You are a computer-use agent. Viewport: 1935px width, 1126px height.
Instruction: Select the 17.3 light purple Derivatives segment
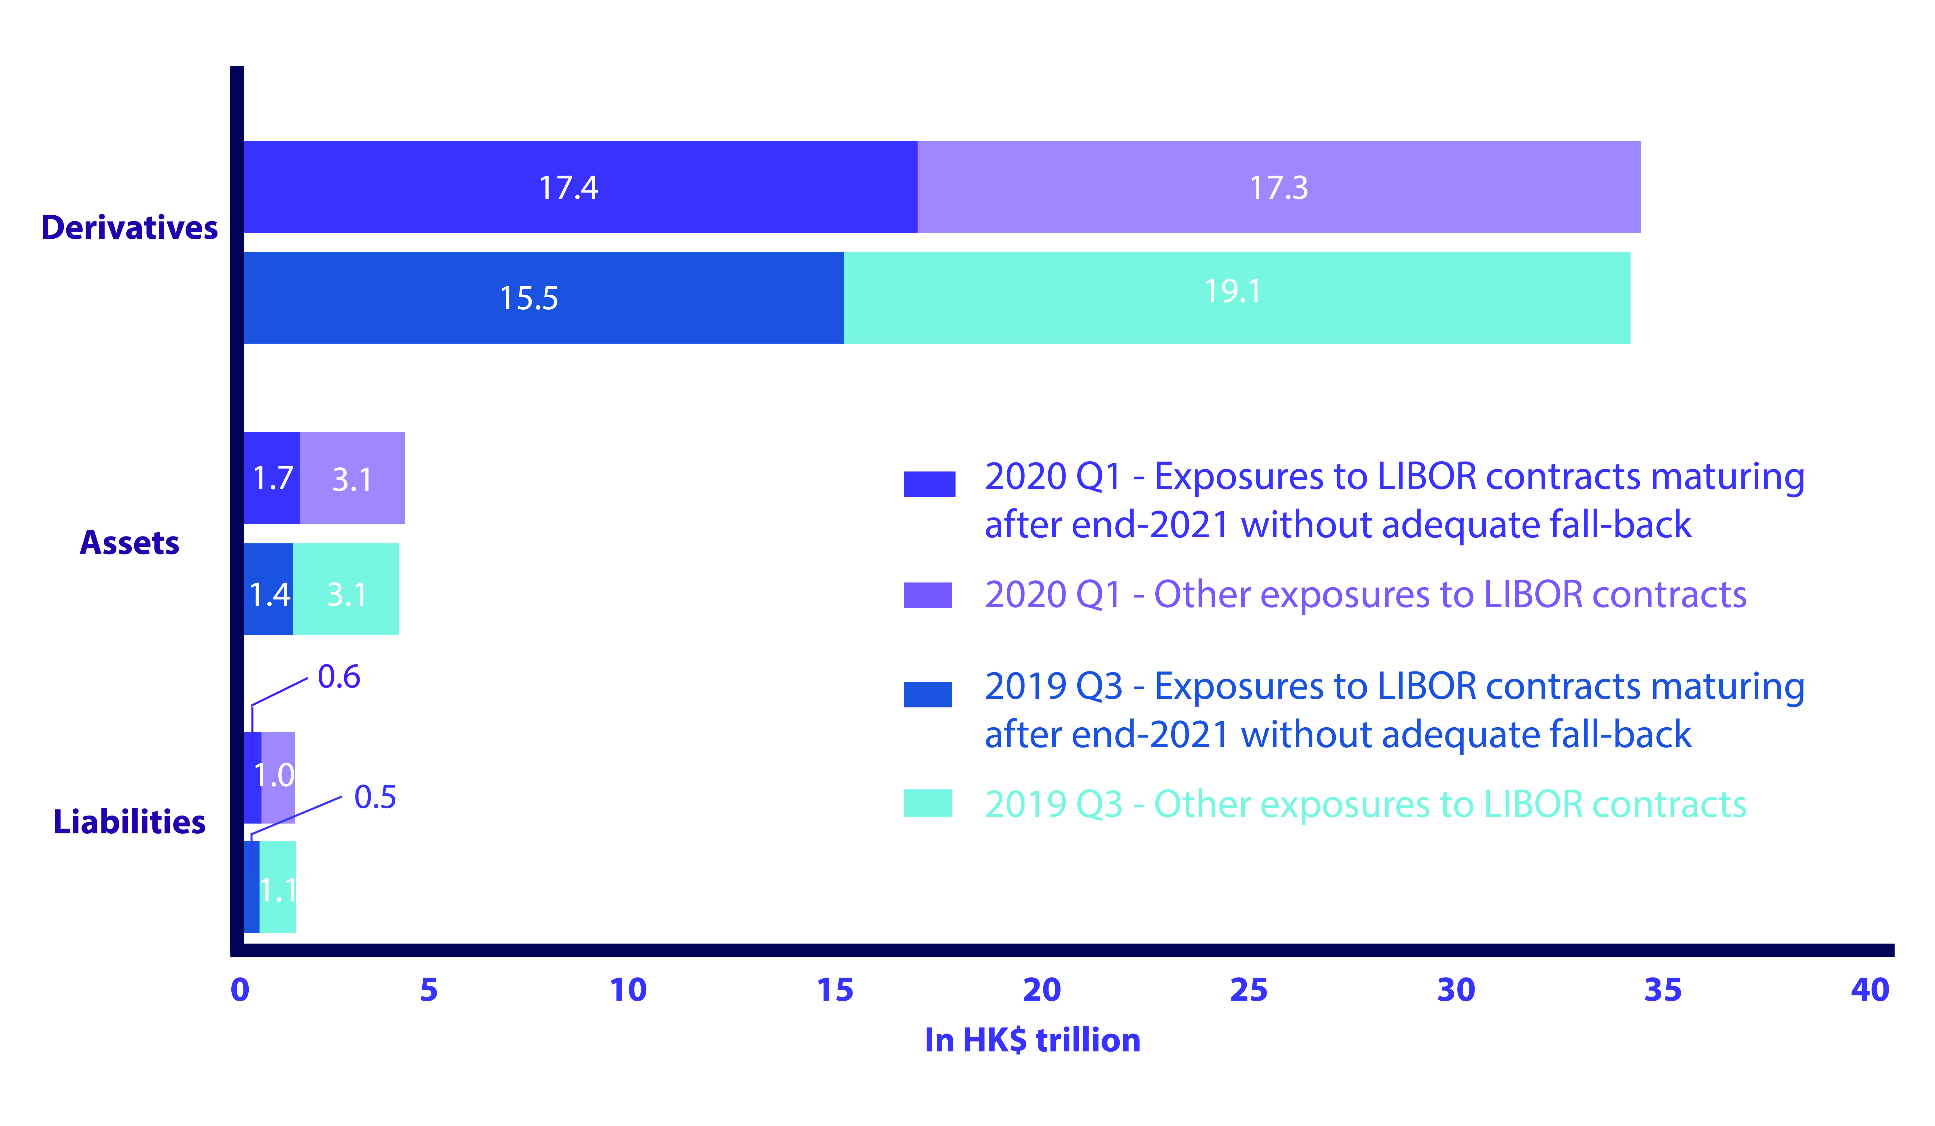1278,187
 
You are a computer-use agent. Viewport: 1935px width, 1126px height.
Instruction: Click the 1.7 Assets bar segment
272,478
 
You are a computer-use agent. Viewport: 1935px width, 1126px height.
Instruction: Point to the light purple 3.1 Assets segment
352,478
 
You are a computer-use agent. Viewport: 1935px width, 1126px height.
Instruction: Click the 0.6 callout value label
339,677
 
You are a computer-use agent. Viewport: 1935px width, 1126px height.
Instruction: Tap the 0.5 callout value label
375,797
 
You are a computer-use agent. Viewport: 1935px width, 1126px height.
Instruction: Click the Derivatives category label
129,227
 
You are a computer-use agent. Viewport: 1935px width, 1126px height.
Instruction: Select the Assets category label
129,543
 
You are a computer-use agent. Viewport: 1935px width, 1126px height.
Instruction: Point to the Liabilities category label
129,822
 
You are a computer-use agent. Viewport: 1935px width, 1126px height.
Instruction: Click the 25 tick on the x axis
1248,990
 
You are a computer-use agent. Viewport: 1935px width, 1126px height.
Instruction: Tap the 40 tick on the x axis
1869,990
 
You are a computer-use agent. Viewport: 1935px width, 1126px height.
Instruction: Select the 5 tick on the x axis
428,990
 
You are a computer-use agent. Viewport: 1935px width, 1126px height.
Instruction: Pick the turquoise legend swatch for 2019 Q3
927,803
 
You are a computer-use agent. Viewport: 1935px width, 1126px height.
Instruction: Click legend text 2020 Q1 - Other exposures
1365,594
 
